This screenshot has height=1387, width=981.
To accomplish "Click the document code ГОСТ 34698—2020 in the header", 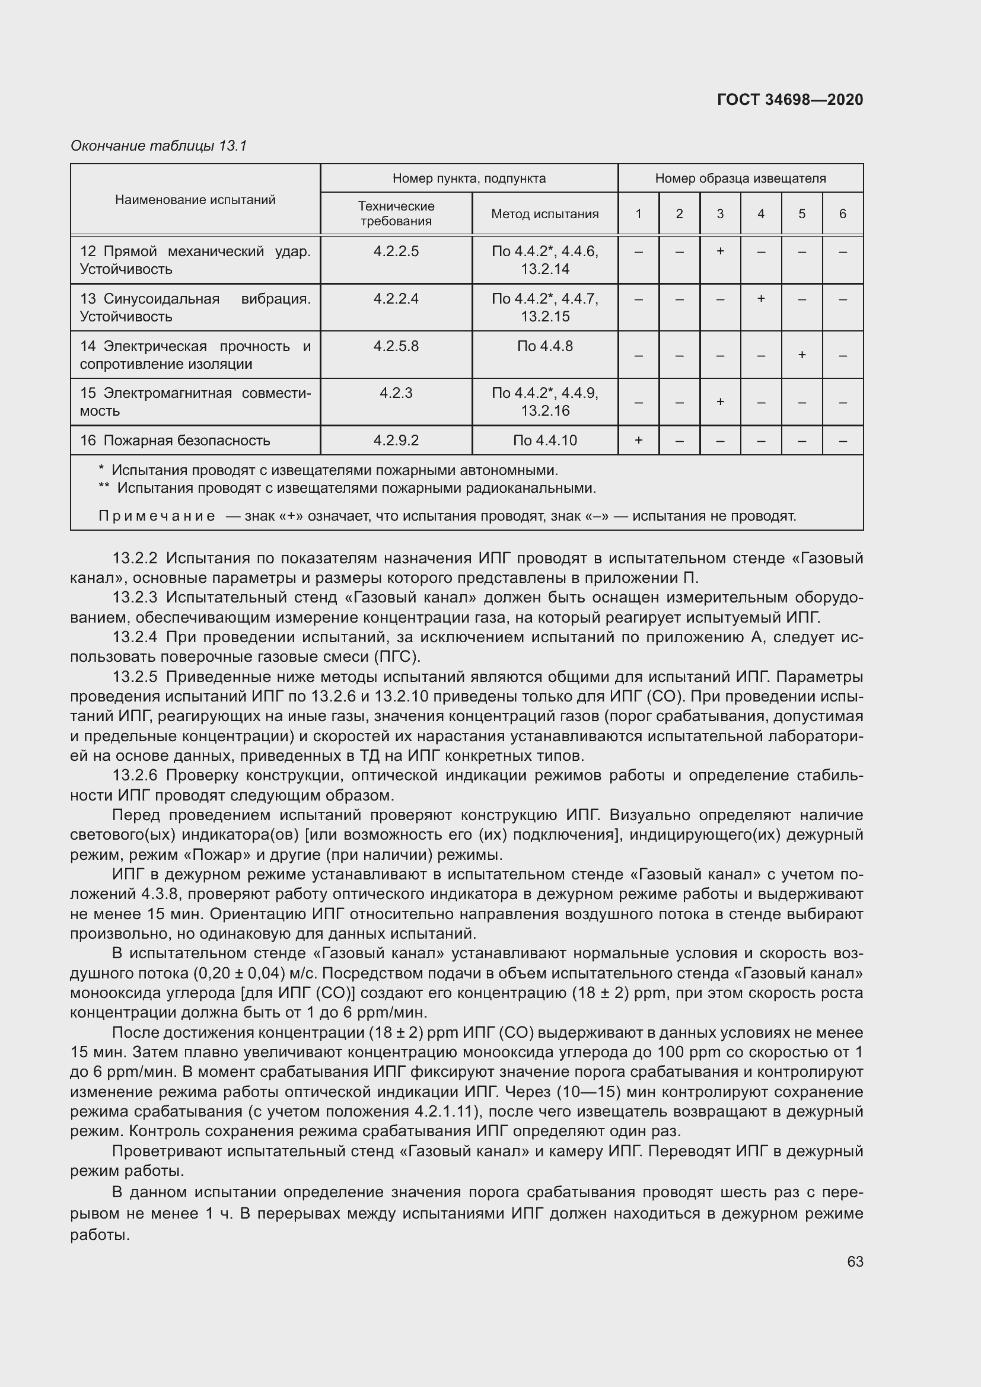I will click(x=789, y=100).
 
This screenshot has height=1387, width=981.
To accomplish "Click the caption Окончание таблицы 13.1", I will click(x=159, y=146).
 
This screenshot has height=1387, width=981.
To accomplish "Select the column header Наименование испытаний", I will click(x=195, y=200).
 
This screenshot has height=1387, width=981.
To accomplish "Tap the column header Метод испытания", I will click(x=544, y=214).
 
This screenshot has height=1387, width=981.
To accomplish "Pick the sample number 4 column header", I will click(x=760, y=214).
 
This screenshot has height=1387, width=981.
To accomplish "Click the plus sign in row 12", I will click(x=720, y=251).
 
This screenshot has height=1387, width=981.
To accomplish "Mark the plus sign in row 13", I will click(x=760, y=298).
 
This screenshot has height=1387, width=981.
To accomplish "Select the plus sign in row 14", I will click(x=802, y=355).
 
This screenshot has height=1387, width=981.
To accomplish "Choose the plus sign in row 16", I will click(x=638, y=441).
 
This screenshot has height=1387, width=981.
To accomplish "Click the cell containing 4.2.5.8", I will click(x=396, y=346).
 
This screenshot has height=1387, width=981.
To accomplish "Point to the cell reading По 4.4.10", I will click(x=544, y=441).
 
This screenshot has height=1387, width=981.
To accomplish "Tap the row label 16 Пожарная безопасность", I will click(x=175, y=441).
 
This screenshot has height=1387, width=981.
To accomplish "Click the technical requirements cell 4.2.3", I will click(x=396, y=393).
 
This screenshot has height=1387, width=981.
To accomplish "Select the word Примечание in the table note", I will click(x=157, y=516).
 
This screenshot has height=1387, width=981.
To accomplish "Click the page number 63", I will click(x=855, y=1261).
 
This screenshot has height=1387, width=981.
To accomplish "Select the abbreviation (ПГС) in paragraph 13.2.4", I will click(x=396, y=656).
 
